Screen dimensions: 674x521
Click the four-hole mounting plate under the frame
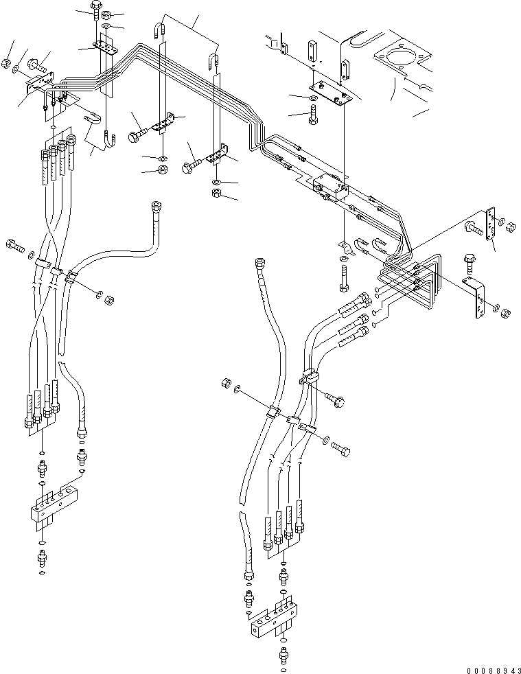(332, 91)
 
